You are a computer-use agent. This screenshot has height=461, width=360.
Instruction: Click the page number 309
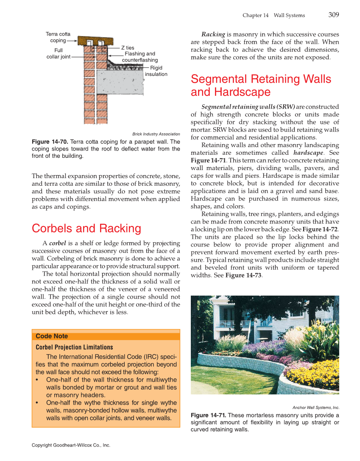pyautogui.click(x=333, y=15)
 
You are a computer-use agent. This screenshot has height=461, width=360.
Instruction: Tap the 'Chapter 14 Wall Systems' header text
pyautogui.click(x=273, y=15)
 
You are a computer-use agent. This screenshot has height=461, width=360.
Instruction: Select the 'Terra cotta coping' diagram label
pyautogui.click(x=58, y=37)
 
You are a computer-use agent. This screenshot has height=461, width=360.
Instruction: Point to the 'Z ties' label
pyautogui.click(x=128, y=48)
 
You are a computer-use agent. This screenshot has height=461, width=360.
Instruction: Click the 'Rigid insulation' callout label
pyautogui.click(x=156, y=71)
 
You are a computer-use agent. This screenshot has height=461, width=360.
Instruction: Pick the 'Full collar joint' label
pyautogui.click(x=59, y=53)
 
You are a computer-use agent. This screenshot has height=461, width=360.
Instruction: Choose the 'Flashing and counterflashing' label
pyautogui.click(x=140, y=57)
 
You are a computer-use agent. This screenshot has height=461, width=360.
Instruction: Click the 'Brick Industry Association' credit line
pyautogui.click(x=156, y=134)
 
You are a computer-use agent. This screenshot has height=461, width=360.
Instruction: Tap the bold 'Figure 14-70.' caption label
pyautogui.click(x=50, y=142)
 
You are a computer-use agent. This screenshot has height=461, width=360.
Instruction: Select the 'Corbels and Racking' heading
pyautogui.click(x=87, y=229)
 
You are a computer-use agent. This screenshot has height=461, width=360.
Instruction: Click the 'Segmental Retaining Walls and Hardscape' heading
pyautogui.click(x=261, y=85)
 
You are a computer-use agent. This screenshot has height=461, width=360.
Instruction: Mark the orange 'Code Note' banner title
pyautogui.click(x=52, y=336)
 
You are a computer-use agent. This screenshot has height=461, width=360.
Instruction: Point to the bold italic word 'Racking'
pyautogui.click(x=213, y=34)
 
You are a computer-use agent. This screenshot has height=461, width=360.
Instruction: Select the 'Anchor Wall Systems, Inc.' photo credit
pyautogui.click(x=315, y=408)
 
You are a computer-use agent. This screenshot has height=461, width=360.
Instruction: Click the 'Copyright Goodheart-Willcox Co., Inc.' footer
pyautogui.click(x=71, y=445)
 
